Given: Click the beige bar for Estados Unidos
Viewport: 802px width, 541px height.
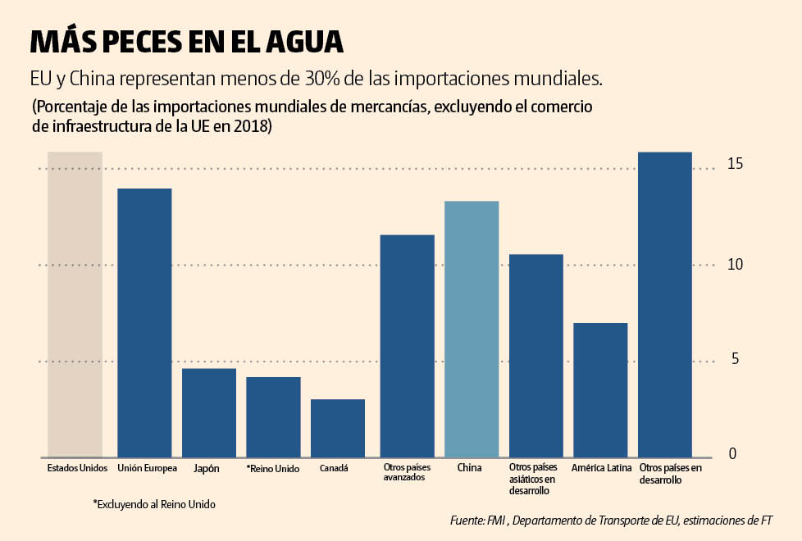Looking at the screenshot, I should (x=75, y=304).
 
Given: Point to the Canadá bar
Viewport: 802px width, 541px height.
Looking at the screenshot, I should (x=338, y=428).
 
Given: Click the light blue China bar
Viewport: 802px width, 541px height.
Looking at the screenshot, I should (x=472, y=329).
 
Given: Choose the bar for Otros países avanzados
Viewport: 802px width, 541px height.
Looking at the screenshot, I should (x=408, y=346).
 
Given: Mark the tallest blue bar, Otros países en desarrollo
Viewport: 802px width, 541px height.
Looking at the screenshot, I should (x=665, y=304).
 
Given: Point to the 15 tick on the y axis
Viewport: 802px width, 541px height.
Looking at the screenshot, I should (x=735, y=165).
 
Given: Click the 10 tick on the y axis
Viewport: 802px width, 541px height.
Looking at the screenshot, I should (x=735, y=265).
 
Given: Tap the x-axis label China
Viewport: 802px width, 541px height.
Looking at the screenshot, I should (x=469, y=468).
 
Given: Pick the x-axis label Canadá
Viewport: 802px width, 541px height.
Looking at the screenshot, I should (x=334, y=468).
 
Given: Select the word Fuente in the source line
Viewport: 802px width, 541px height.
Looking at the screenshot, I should (x=467, y=521).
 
